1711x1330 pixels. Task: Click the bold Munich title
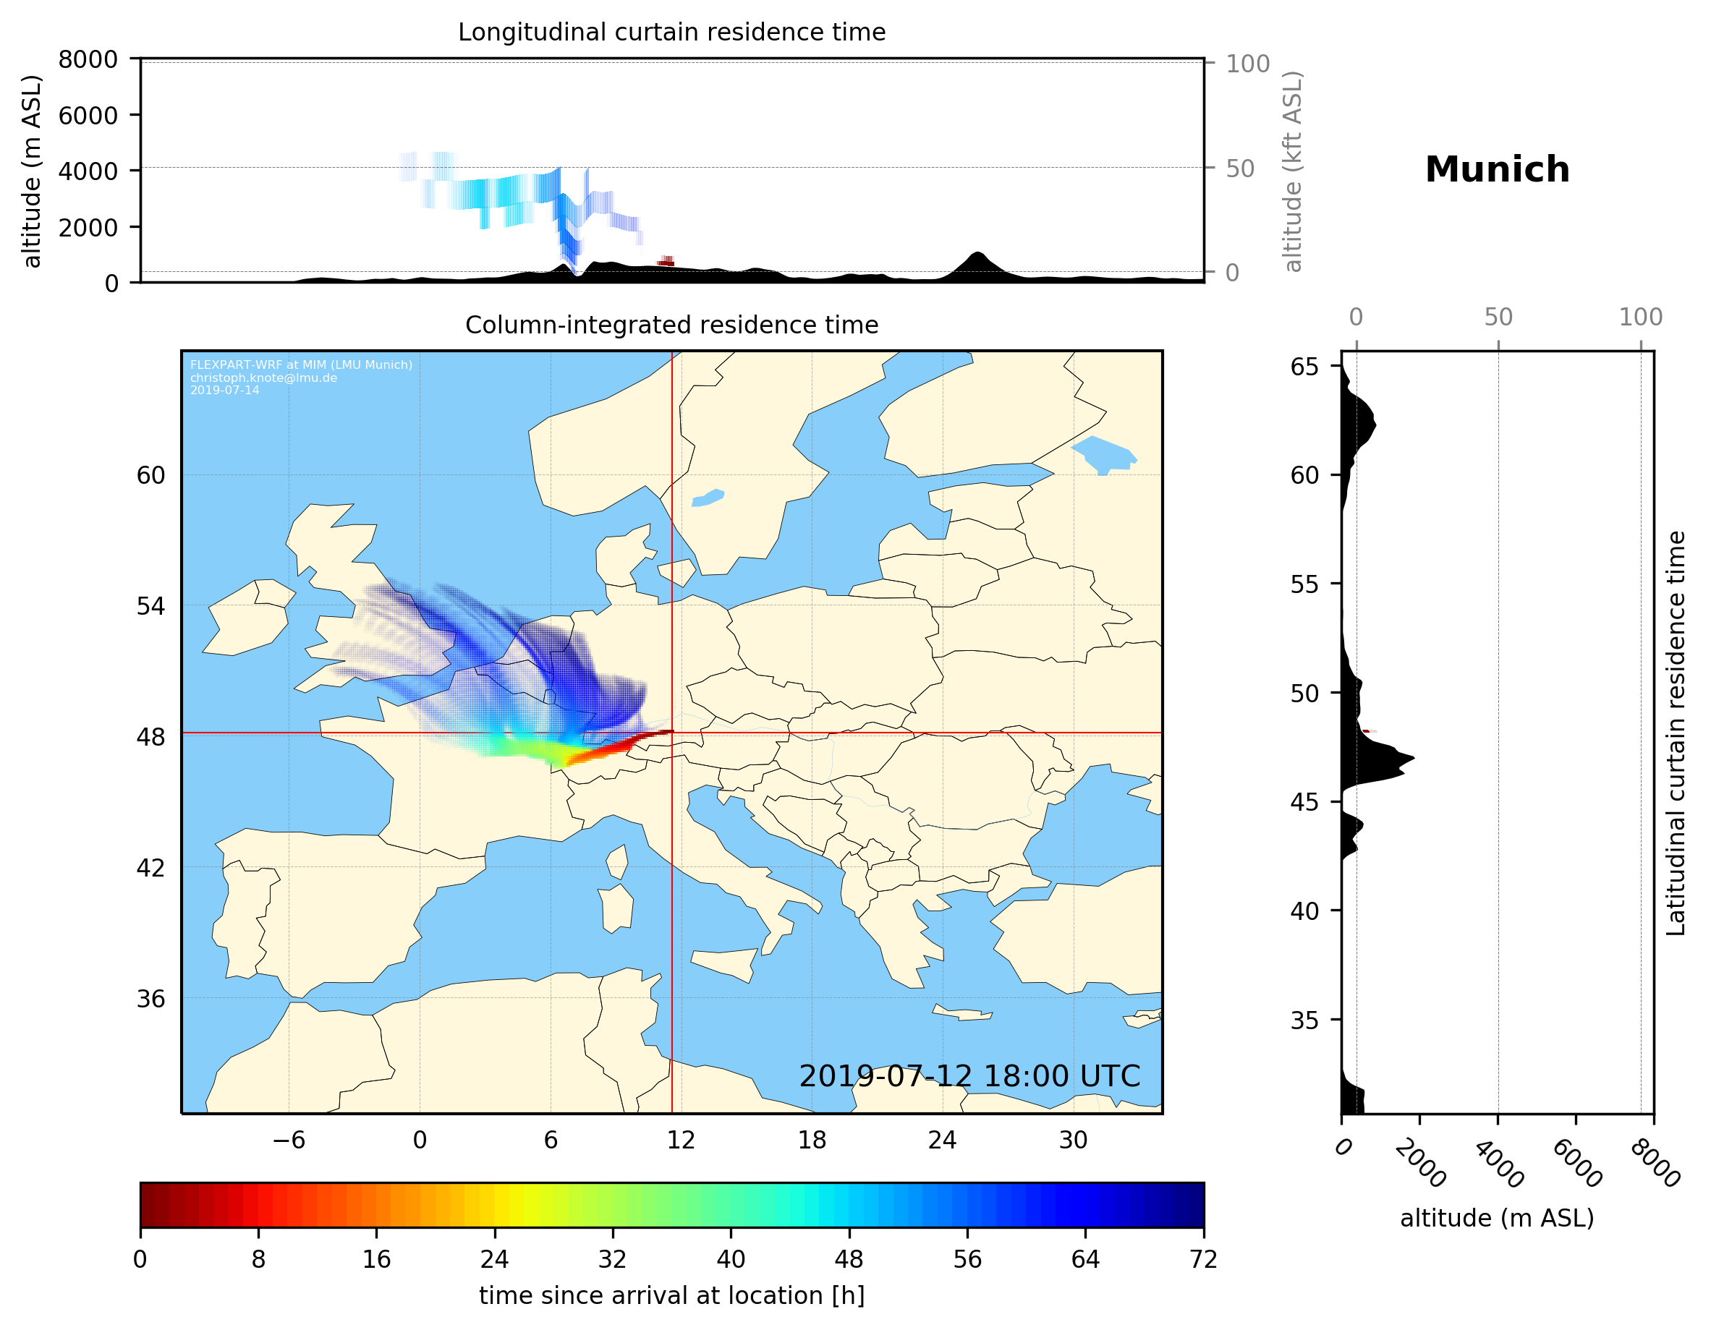1496,170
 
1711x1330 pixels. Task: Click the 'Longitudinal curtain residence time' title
671,32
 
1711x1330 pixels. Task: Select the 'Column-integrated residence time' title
671,325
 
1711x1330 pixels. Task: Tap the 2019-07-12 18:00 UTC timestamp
969,1076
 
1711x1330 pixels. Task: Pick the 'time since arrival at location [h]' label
671,1295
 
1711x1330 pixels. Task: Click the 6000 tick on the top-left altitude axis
88,115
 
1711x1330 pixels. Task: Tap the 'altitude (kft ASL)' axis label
1293,171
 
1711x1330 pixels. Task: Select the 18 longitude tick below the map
812,1140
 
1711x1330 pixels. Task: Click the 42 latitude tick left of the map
150,868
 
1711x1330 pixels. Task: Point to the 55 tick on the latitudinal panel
1304,584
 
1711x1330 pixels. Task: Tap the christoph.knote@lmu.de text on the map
263,378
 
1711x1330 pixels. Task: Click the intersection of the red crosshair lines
672,733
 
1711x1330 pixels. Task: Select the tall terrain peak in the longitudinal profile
976,255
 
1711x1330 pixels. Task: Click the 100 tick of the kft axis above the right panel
1641,317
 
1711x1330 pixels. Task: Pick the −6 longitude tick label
288,1140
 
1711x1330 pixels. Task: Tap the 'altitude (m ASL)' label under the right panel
1496,1218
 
